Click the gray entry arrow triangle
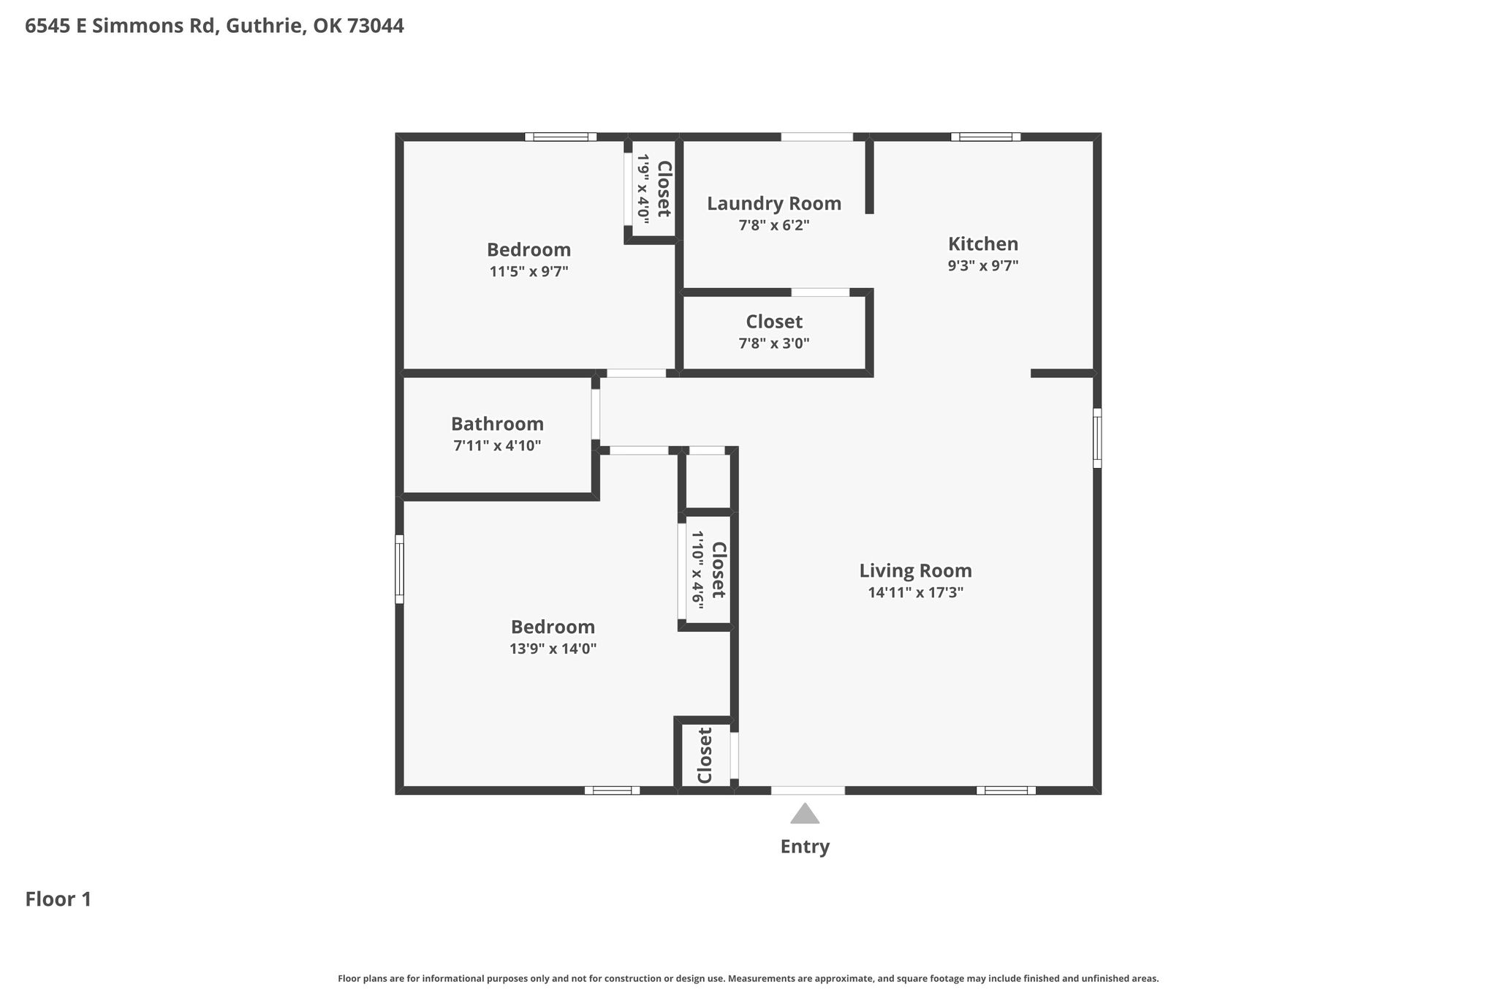(x=805, y=814)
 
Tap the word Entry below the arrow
(x=805, y=847)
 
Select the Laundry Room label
(x=774, y=203)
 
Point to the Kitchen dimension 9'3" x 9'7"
(x=983, y=265)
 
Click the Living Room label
(x=915, y=570)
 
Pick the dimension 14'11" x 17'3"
(x=915, y=592)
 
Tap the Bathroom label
(x=497, y=424)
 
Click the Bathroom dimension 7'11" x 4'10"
(x=497, y=445)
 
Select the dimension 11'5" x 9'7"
(x=528, y=271)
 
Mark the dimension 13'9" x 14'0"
(x=553, y=649)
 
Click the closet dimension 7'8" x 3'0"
(x=774, y=343)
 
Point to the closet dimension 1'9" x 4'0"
(x=643, y=188)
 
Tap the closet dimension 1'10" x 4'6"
(x=697, y=570)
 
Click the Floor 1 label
(x=58, y=899)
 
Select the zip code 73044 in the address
(x=375, y=26)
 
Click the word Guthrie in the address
(x=265, y=26)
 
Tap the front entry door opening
(x=808, y=790)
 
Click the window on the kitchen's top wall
(x=985, y=137)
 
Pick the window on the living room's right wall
(x=1097, y=438)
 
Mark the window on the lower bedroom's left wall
(x=399, y=569)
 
